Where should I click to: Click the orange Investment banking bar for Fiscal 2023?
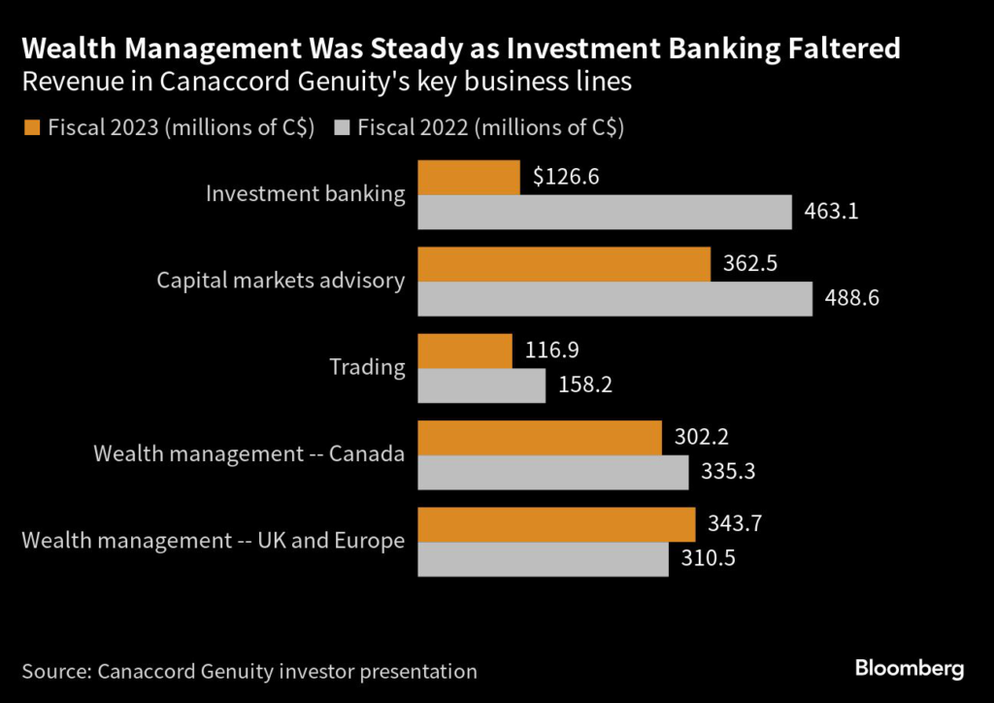coord(469,178)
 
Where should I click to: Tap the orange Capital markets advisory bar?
coord(564,264)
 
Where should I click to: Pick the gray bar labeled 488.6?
coord(614,298)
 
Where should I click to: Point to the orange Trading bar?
coord(465,351)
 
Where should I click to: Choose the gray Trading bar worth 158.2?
coord(481,385)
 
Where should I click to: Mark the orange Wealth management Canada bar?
coord(540,437)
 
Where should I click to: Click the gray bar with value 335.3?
coord(553,472)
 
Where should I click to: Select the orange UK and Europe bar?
coord(556,524)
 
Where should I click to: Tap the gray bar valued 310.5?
coord(543,558)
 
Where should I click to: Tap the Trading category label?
coord(366,367)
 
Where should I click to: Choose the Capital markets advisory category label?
coord(281,281)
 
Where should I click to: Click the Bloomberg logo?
coord(909,668)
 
